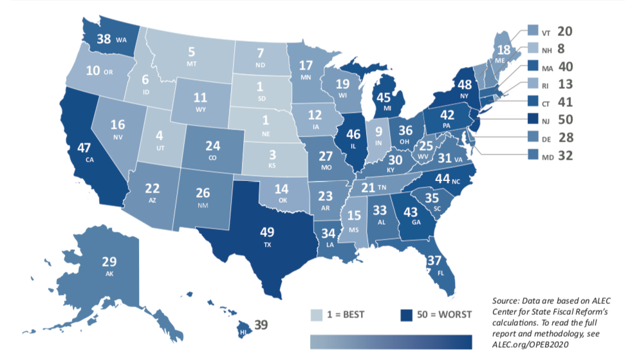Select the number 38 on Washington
coord(103,39)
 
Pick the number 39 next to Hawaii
coord(261,324)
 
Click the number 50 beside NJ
coord(564,119)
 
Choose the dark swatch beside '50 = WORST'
coord(407,315)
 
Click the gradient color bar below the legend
coord(391,340)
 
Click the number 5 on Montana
coord(192,52)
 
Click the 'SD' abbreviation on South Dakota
coord(261,99)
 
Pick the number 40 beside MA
coord(564,66)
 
